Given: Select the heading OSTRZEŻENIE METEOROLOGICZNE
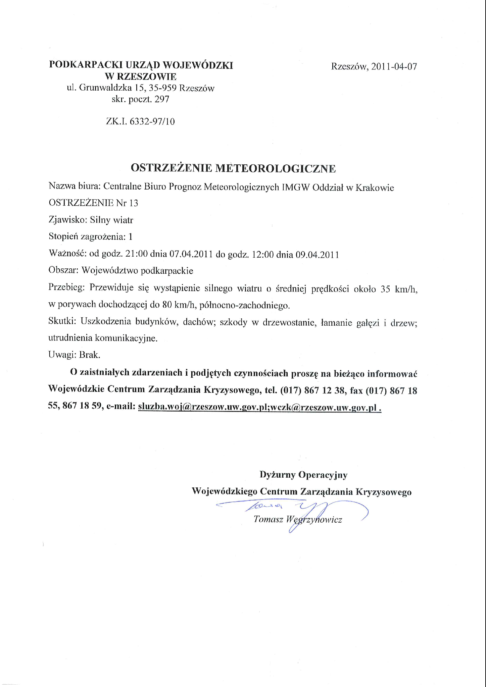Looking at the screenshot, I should (x=233, y=168).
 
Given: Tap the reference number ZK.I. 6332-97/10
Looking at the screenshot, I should (x=140, y=121).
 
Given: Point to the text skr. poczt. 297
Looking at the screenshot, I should (x=140, y=99).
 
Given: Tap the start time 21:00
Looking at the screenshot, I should (x=136, y=254).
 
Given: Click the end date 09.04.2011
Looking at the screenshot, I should (x=317, y=255).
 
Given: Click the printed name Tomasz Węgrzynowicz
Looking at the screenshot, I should (x=298, y=520).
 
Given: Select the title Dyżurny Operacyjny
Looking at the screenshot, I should (x=303, y=475).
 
